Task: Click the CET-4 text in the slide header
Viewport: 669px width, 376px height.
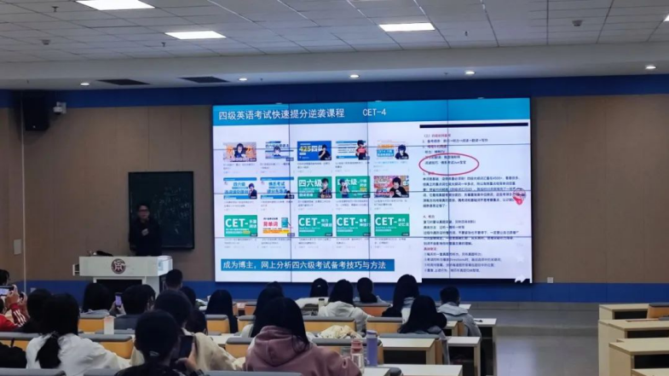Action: pyautogui.click(x=374, y=113)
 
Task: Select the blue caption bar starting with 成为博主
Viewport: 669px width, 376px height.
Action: pyautogui.click(x=308, y=265)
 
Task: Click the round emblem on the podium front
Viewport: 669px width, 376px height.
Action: pyautogui.click(x=118, y=266)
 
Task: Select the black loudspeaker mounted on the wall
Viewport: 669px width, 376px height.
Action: pyautogui.click(x=35, y=112)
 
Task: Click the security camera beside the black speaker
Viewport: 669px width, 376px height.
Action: pyautogui.click(x=60, y=107)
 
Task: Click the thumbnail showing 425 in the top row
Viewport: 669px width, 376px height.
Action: pyautogui.click(x=314, y=151)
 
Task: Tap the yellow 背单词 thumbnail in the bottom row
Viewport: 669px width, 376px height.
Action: pyautogui.click(x=275, y=225)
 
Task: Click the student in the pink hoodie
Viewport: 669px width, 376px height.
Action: pyautogui.click(x=287, y=341)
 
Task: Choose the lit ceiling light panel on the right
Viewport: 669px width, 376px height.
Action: pyautogui.click(x=407, y=27)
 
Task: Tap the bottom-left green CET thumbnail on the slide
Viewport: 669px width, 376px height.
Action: pyautogui.click(x=240, y=225)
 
